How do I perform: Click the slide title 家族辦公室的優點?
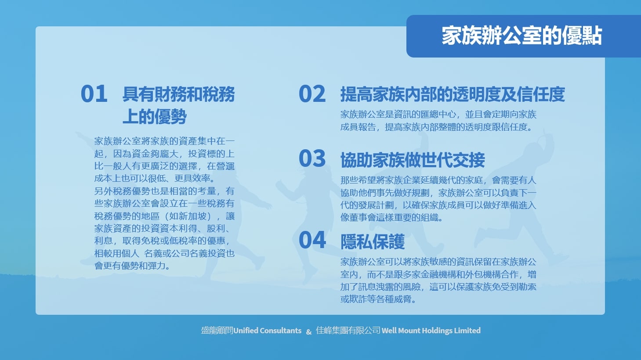521,36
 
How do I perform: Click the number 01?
94,94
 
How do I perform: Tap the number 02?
312,94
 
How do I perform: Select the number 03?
312,158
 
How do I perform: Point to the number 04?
312,240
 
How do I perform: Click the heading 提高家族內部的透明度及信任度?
453,94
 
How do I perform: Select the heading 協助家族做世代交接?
413,160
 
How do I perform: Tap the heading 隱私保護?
372,241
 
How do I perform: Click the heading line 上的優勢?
155,116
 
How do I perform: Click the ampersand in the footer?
309,332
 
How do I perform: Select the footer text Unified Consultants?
267,331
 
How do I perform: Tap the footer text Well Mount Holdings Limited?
431,331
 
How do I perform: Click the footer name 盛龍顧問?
217,331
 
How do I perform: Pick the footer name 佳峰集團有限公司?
348,331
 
